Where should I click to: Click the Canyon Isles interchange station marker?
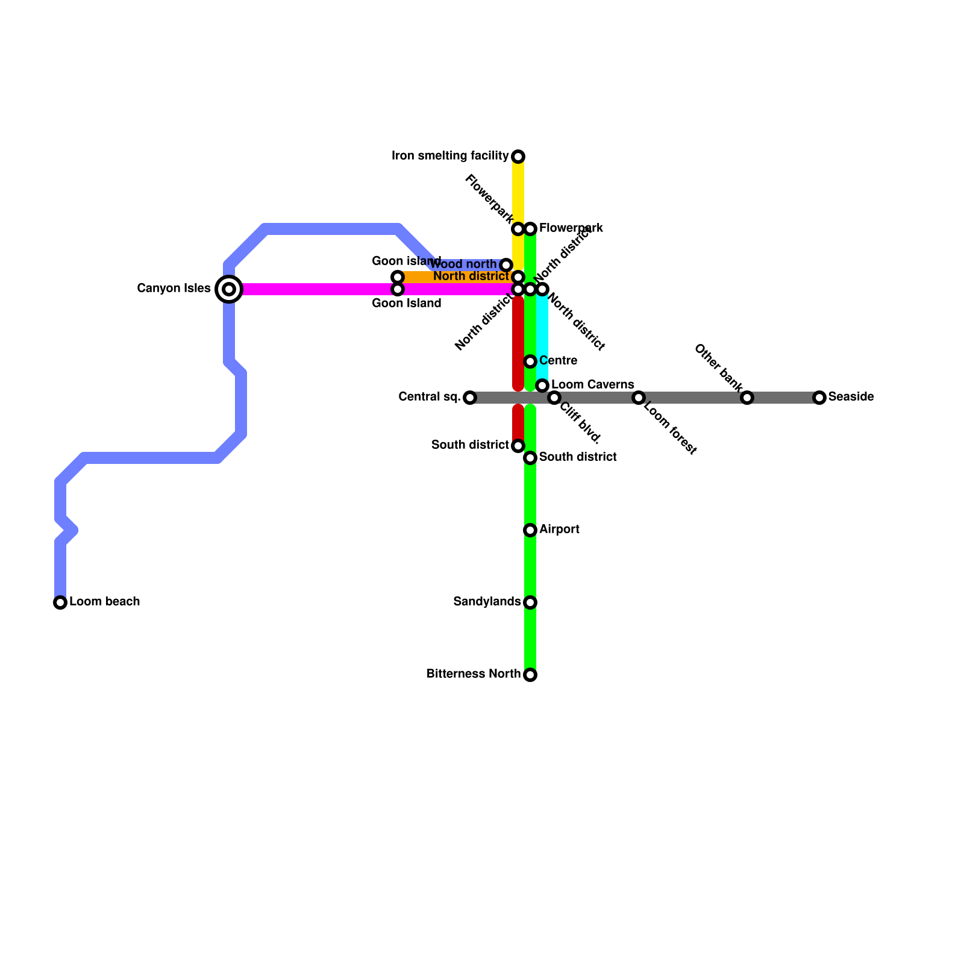(229, 289)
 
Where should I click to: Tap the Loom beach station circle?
(60, 602)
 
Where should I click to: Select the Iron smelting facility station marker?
(518, 157)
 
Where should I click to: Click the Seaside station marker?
(819, 398)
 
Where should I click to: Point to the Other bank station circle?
(747, 398)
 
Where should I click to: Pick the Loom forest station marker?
(639, 398)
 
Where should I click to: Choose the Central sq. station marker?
(470, 398)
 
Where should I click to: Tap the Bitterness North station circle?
(530, 675)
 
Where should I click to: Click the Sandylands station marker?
(530, 602)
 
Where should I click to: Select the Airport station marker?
(530, 530)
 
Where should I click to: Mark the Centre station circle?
(530, 361)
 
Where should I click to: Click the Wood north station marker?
(506, 265)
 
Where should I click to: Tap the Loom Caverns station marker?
(542, 386)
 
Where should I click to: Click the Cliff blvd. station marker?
(554, 398)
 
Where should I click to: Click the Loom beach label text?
(105, 602)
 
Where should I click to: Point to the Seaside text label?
(851, 397)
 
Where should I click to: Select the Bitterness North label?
(473, 674)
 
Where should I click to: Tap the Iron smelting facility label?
(450, 156)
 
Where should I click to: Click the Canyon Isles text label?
(174, 289)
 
